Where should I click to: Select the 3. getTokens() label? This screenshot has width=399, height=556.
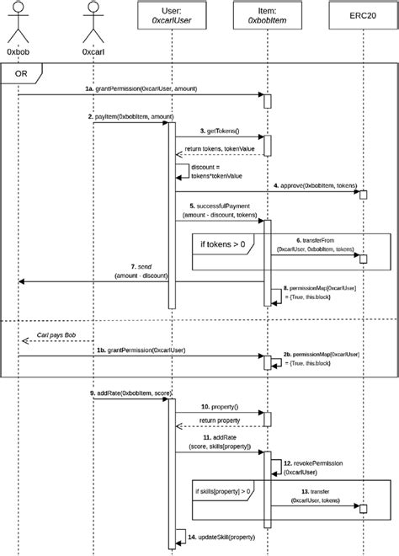(x=221, y=131)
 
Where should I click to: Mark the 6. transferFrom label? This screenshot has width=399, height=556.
(x=316, y=244)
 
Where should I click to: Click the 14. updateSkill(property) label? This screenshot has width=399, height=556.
(x=227, y=537)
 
